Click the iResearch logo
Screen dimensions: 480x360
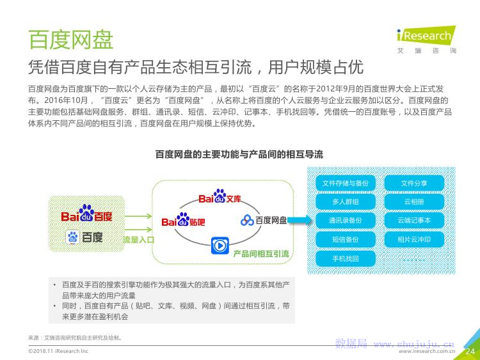[x=426, y=40]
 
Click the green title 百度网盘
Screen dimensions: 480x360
[x=70, y=40]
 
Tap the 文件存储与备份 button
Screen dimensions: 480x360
[x=346, y=184]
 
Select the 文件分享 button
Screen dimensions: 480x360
[x=414, y=184]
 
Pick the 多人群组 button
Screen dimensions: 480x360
[x=346, y=202]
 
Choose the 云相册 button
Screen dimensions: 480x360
[x=414, y=202]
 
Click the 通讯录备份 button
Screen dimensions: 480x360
[x=346, y=221]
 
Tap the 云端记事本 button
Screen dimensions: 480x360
[x=414, y=221]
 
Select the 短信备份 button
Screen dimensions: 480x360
[x=346, y=240]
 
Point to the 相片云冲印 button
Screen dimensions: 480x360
[x=414, y=240]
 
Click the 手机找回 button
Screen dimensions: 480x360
[x=346, y=259]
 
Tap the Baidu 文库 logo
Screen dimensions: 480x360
[x=220, y=197]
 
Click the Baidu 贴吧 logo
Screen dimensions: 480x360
[x=183, y=220]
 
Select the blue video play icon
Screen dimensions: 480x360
[x=220, y=246]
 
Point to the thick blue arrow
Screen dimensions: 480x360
[x=300, y=220]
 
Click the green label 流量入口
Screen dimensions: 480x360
[x=138, y=240]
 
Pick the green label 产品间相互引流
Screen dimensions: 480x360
[x=261, y=254]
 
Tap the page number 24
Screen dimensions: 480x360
[x=470, y=352]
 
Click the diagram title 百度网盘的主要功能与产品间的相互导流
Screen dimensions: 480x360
[x=239, y=154]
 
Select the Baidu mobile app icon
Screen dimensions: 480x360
[x=72, y=237]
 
